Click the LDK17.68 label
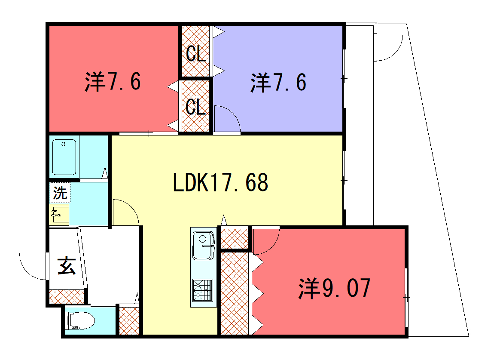pos(221,182)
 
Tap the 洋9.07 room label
pos(334,288)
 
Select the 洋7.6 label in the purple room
pos(278,82)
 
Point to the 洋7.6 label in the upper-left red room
pos(113,81)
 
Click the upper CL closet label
pos(196,53)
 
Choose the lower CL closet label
pos(195,107)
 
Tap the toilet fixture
pos(81,321)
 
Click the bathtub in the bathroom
pos(64,157)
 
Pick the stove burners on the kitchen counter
pos(203,291)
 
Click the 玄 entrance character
pos(67,266)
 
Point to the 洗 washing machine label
pos(60,192)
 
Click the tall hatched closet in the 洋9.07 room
pos(235,293)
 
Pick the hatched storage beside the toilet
pos(129,321)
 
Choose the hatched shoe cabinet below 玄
pos(67,296)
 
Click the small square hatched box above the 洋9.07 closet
pos(235,238)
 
